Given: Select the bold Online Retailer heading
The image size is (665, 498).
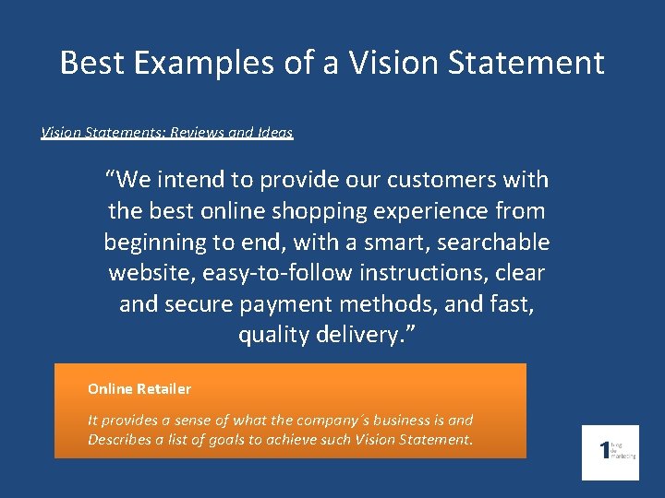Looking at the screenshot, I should pyautogui.click(x=139, y=389).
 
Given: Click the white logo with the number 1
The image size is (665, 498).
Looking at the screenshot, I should pyautogui.click(x=610, y=452).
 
